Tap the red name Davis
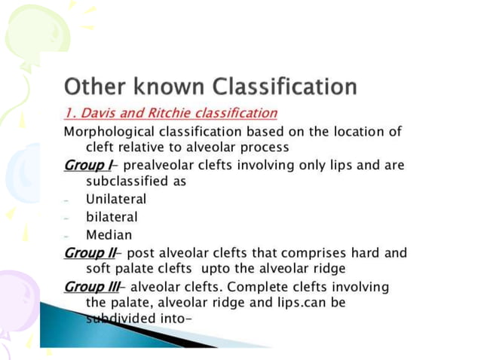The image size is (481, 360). point(98,113)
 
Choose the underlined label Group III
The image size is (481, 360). point(87,287)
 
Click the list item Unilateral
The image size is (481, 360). point(116,200)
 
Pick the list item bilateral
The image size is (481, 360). point(112,217)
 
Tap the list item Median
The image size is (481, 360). point(109,234)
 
